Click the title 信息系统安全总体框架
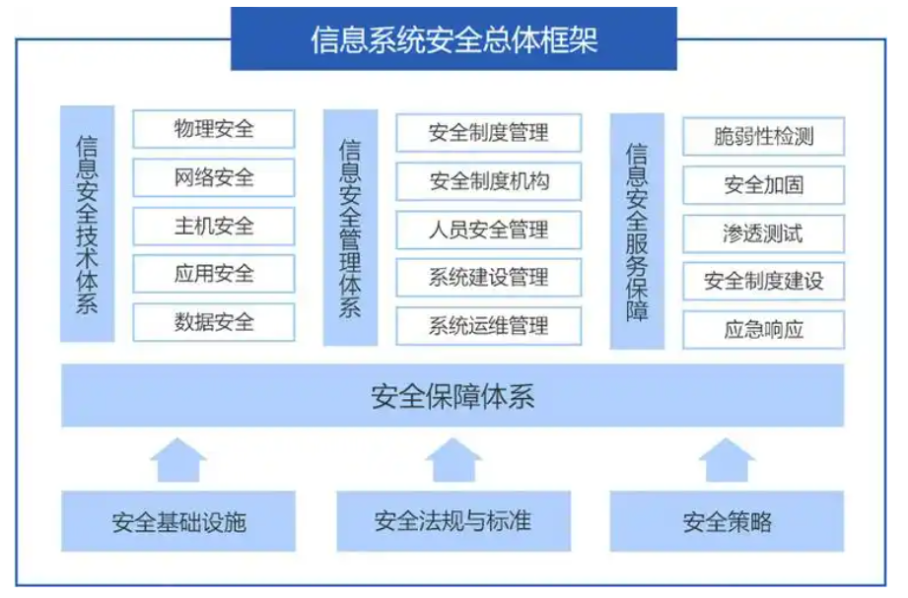pyautogui.click(x=454, y=39)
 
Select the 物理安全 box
pyautogui.click(x=214, y=129)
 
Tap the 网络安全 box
pyautogui.click(x=214, y=177)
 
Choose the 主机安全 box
pyautogui.click(x=214, y=226)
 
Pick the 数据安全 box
pyautogui.click(x=214, y=322)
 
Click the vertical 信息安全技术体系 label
pyautogui.click(x=87, y=225)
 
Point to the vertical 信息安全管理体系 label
pyautogui.click(x=350, y=228)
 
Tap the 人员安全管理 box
pyautogui.click(x=488, y=231)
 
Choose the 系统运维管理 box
pyautogui.click(x=488, y=326)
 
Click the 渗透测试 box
pyautogui.click(x=763, y=233)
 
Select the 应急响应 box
pyautogui.click(x=763, y=330)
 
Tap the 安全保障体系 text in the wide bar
pyautogui.click(x=453, y=396)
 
